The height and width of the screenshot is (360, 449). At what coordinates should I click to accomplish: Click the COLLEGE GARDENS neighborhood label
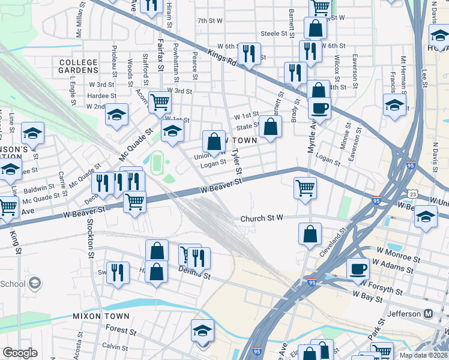click(79, 66)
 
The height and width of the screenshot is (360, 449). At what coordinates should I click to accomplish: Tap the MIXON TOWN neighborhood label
click(101, 316)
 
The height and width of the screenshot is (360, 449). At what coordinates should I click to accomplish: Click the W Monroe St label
click(399, 258)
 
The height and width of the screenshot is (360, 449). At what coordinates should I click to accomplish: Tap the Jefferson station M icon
click(429, 314)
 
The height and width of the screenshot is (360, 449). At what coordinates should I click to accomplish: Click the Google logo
click(20, 353)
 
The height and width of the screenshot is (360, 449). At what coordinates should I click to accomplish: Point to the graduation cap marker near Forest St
click(202, 331)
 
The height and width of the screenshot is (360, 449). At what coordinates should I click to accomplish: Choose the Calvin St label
click(112, 346)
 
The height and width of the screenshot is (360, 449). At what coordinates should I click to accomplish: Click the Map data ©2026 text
click(423, 355)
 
